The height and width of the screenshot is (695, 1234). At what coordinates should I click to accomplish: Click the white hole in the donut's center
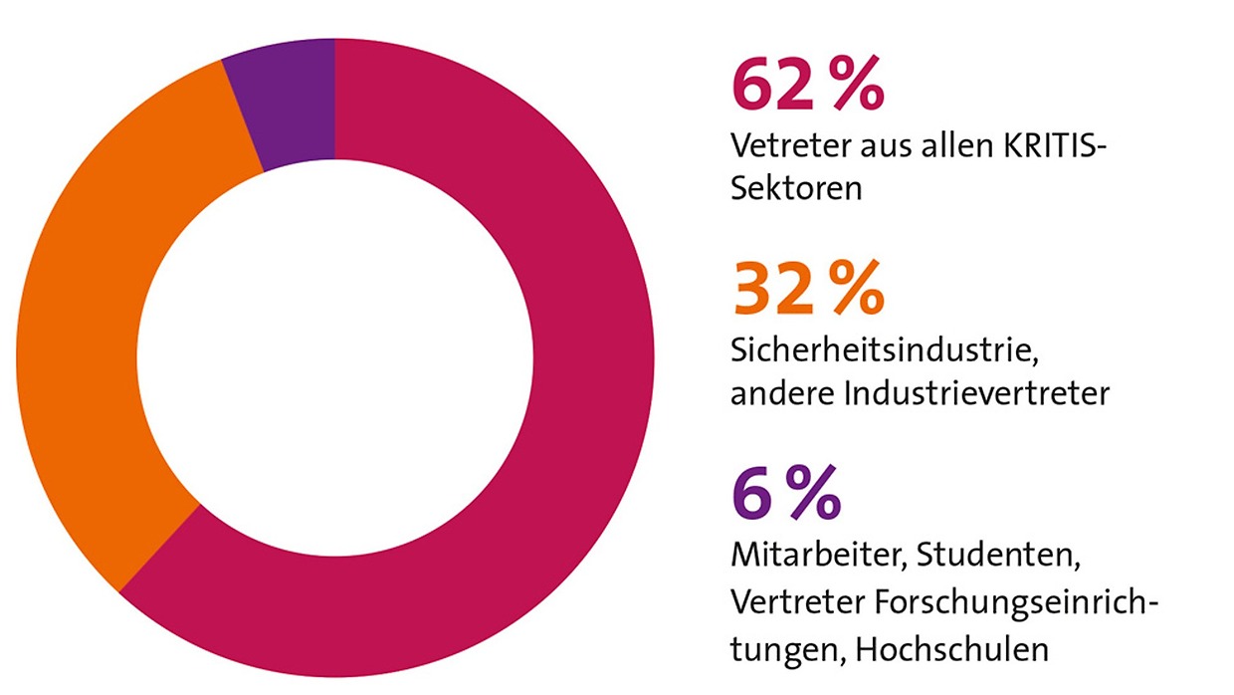(334, 357)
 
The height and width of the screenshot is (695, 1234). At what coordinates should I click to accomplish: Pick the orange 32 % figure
(807, 290)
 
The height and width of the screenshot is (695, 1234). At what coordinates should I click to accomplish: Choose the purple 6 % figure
(786, 494)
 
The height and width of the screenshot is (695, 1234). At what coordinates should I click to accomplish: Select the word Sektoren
(796, 188)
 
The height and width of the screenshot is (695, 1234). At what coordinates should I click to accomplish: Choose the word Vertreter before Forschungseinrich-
(796, 602)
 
